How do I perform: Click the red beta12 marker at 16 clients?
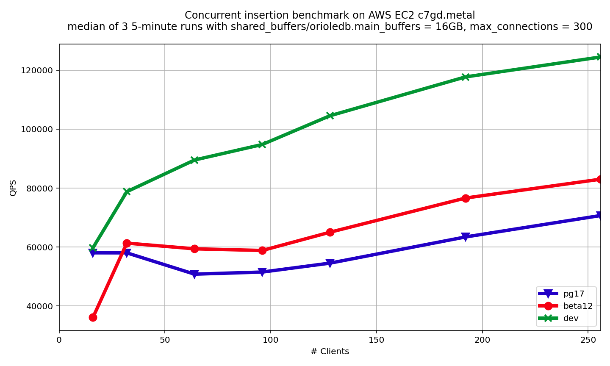(93, 317)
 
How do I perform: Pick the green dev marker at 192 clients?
(466, 77)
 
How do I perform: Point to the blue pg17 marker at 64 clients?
(194, 274)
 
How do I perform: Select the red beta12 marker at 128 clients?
(330, 232)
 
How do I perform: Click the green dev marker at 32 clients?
(127, 191)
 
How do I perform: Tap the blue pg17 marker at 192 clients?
(466, 237)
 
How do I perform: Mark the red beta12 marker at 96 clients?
(262, 250)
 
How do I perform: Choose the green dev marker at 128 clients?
(330, 116)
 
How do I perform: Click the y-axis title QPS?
(14, 187)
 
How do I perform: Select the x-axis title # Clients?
(330, 352)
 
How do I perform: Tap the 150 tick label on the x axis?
(376, 339)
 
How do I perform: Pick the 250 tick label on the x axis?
(588, 339)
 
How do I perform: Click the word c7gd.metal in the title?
(446, 15)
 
